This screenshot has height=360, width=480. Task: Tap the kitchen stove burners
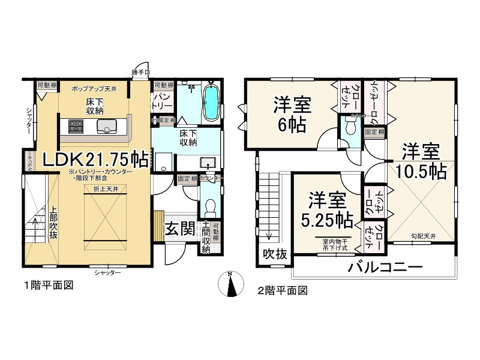[x=76, y=127]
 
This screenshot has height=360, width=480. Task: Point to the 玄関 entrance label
[x=179, y=229]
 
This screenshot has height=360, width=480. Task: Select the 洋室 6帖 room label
[x=292, y=115]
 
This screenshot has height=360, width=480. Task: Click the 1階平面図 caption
[x=49, y=286]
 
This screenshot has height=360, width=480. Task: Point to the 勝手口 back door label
[x=139, y=73]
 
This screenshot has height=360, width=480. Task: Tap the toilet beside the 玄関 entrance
[x=210, y=207]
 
